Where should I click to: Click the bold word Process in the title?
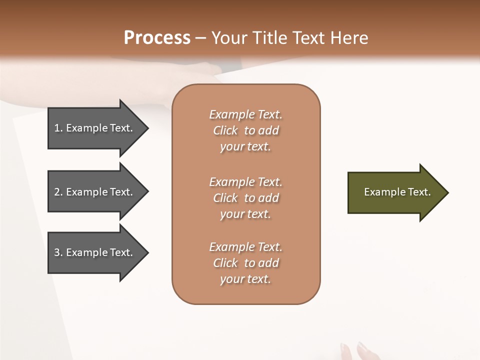pyautogui.click(x=157, y=38)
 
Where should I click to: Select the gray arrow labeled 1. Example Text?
pyautogui.click(x=95, y=128)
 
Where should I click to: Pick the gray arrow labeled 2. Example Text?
pyautogui.click(x=95, y=192)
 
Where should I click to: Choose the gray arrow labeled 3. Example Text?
pyautogui.click(x=95, y=252)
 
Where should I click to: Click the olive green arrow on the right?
pyautogui.click(x=395, y=192)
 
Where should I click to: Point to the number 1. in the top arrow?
pyautogui.click(x=58, y=128)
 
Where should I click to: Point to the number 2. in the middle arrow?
pyautogui.click(x=58, y=192)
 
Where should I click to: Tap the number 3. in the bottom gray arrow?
pyautogui.click(x=58, y=252)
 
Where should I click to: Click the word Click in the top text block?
pyautogui.click(x=225, y=130)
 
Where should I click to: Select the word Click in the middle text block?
pyautogui.click(x=225, y=198)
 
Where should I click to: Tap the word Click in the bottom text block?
pyautogui.click(x=225, y=263)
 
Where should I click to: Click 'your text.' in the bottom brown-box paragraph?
pyautogui.click(x=245, y=279)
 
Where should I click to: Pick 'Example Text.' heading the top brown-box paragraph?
pyautogui.click(x=245, y=114)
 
